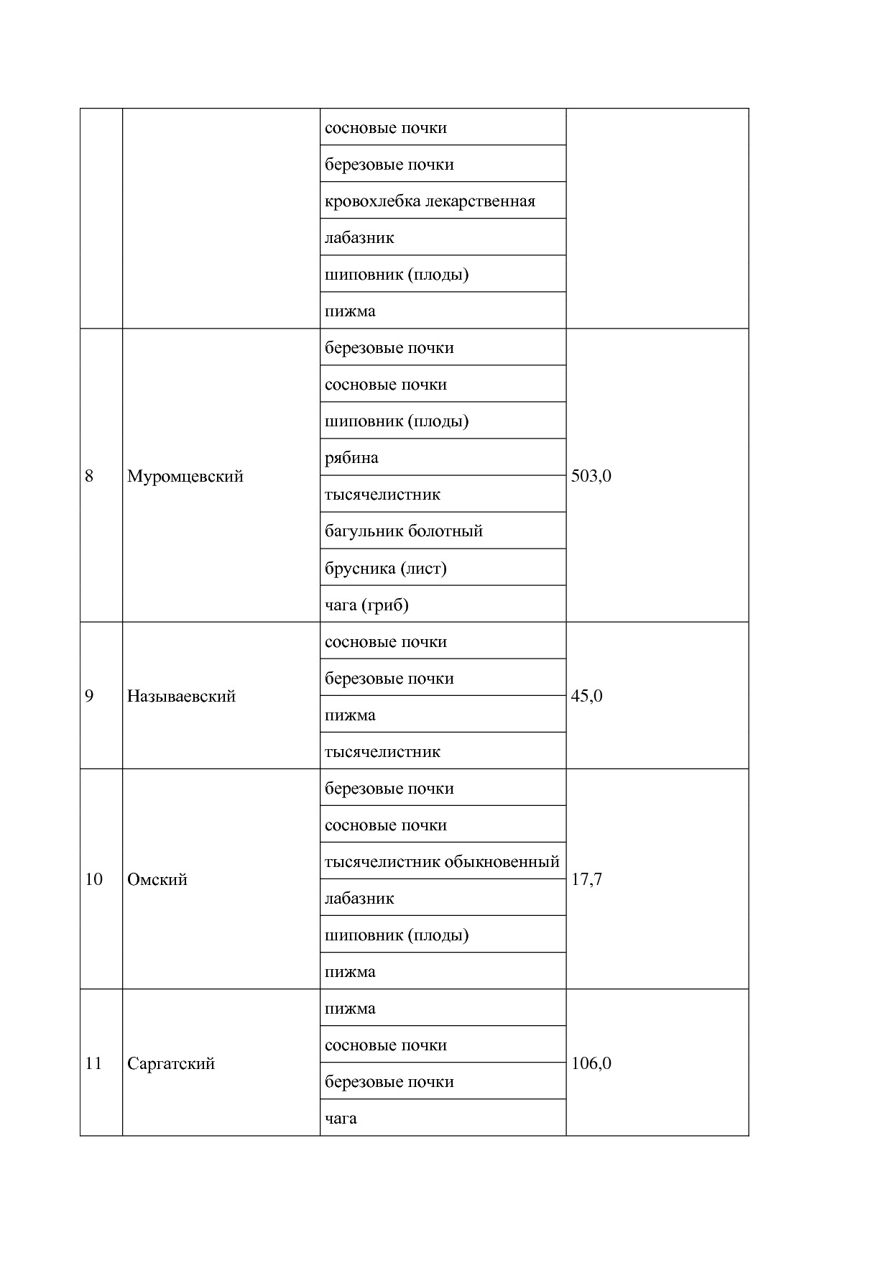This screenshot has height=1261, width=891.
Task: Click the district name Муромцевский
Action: [185, 476]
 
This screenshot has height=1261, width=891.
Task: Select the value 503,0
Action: [591, 476]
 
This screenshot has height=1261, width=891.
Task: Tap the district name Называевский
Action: [181, 696]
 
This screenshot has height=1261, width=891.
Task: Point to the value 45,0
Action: [586, 696]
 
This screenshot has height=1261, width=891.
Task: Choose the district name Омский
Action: [157, 879]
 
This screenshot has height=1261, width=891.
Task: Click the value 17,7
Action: [586, 879]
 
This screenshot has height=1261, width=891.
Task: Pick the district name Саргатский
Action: [171, 1063]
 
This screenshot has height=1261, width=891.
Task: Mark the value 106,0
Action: [591, 1063]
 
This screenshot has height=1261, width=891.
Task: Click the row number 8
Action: [89, 476]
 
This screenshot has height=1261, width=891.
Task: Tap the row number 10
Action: [93, 879]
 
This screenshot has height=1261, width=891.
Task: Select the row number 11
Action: [93, 1063]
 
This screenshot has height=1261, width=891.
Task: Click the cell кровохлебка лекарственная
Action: [430, 201]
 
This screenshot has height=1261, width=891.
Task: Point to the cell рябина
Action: [351, 458]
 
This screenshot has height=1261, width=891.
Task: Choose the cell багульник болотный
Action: [404, 531]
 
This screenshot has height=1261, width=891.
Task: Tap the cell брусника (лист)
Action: [386, 569]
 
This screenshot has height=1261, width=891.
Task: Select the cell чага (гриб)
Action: [366, 605]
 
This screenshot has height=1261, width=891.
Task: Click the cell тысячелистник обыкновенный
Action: [442, 861]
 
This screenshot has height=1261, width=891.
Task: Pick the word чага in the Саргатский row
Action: [341, 1119]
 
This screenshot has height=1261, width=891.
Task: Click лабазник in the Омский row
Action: [359, 899]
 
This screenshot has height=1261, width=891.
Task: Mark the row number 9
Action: [89, 696]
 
